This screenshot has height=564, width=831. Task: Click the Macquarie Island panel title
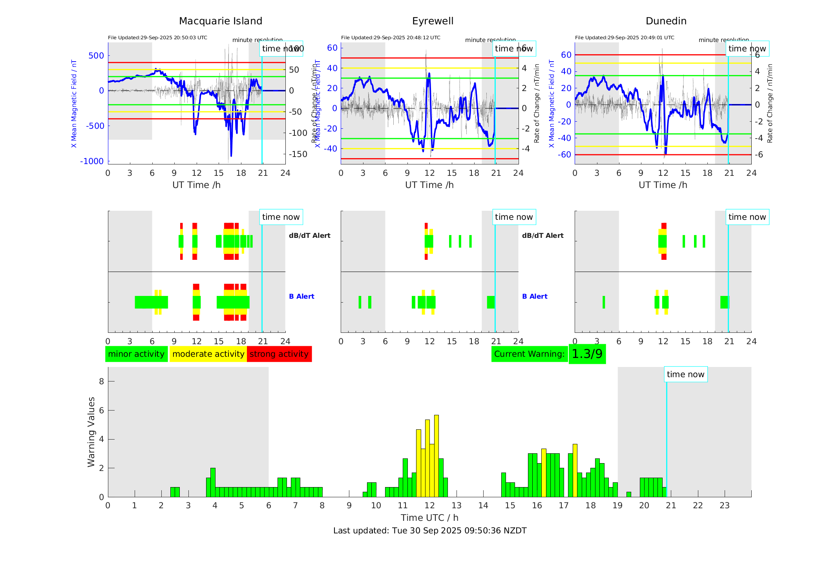tap(220, 21)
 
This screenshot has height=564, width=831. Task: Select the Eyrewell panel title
tap(433, 21)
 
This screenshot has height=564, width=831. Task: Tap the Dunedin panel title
tap(666, 21)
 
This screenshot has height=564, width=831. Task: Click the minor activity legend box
tap(136, 354)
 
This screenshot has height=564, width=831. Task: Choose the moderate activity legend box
tap(208, 354)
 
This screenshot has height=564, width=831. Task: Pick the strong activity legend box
tap(279, 354)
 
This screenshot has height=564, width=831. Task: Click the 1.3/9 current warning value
tap(587, 354)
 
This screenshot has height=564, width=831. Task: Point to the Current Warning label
tap(529, 354)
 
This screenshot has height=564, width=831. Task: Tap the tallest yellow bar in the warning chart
tap(437, 455)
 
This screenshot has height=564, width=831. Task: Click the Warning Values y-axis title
tap(91, 432)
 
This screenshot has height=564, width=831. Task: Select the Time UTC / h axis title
tap(429, 518)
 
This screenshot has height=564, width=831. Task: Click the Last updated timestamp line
tap(429, 531)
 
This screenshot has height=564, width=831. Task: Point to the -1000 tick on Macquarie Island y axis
tap(92, 161)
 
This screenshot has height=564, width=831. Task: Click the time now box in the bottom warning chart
tap(685, 374)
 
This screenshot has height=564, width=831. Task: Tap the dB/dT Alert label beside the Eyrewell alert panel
tap(542, 235)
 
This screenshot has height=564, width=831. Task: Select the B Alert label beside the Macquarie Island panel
tap(301, 296)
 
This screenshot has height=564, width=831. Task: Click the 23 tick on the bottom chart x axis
tap(724, 506)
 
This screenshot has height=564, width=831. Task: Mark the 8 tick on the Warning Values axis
tap(101, 381)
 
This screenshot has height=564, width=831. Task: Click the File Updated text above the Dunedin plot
tap(624, 38)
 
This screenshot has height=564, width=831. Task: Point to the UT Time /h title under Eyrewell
tap(429, 185)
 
